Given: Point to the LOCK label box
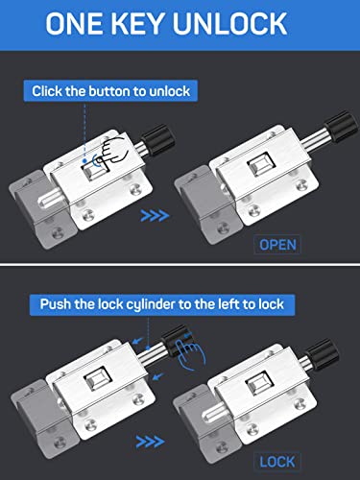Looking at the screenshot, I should pyautogui.click(x=277, y=462).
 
